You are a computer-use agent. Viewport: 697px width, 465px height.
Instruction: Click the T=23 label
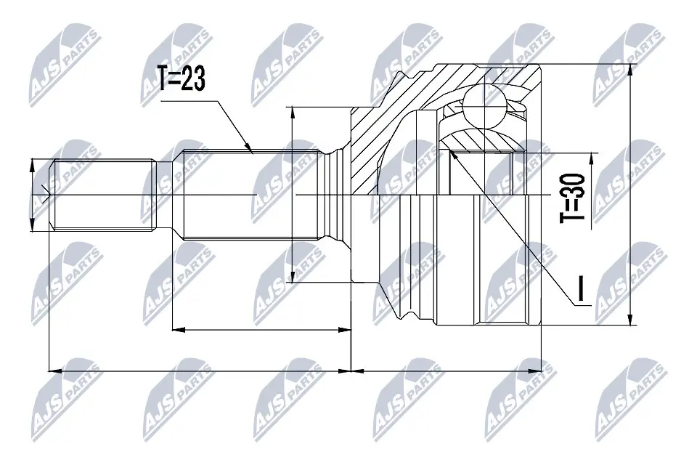pyautogui.click(x=181, y=78)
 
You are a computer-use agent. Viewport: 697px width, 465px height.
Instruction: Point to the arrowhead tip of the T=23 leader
pyautogui.click(x=252, y=152)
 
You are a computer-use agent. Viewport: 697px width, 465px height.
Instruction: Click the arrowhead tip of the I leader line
pyautogui.click(x=451, y=150)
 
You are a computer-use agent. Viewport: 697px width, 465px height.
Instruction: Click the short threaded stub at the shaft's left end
pyautogui.click(x=102, y=195)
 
